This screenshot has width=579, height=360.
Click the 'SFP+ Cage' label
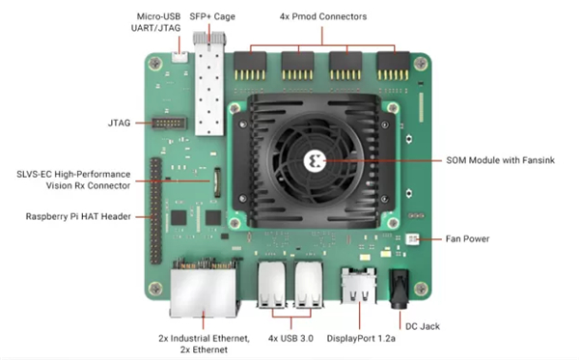(212, 16)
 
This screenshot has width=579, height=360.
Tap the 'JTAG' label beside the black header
(119, 123)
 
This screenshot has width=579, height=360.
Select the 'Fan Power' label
(467, 239)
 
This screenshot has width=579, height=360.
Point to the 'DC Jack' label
(423, 326)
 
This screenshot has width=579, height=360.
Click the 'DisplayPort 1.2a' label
(361, 338)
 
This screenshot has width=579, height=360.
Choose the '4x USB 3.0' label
(290, 338)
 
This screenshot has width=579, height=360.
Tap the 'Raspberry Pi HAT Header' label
(78, 216)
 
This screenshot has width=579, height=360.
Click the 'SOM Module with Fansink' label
(500, 160)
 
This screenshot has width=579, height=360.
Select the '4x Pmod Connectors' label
(323, 16)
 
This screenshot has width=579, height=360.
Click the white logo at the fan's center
(315, 161)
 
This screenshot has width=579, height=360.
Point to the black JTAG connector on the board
(169, 123)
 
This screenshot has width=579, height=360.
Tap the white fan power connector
(412, 239)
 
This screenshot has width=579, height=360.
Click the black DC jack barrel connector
(400, 289)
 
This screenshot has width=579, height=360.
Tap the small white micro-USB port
(179, 57)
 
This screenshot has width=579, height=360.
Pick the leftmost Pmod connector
(250, 66)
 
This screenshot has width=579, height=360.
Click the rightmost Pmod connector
(394, 66)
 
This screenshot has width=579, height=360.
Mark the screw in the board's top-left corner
(155, 64)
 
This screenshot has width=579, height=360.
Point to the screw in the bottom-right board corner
(420, 289)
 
